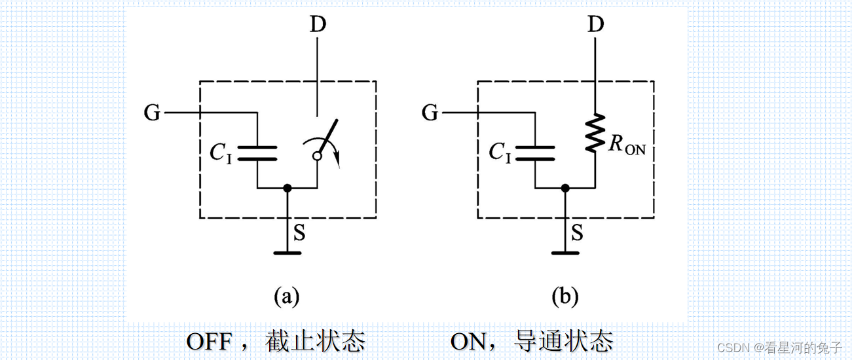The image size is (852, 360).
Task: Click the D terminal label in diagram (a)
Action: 318,26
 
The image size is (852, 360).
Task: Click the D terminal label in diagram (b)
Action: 595,26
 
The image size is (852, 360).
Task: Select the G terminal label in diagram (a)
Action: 152,113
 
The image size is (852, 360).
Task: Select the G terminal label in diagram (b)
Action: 430,113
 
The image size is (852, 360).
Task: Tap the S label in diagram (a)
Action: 299,233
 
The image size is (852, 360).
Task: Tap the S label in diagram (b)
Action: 576,233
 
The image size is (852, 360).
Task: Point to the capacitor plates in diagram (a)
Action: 257,153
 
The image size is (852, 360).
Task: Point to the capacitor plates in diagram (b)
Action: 534,153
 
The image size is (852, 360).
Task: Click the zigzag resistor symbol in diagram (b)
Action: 595,134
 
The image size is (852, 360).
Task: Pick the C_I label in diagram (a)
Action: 221,153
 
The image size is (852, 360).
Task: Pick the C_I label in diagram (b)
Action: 499,153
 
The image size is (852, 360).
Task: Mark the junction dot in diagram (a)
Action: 287,189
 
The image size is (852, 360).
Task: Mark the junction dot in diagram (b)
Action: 565,189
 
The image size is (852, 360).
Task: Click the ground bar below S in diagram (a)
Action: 287,252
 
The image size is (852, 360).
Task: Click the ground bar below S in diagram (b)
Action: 565,252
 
